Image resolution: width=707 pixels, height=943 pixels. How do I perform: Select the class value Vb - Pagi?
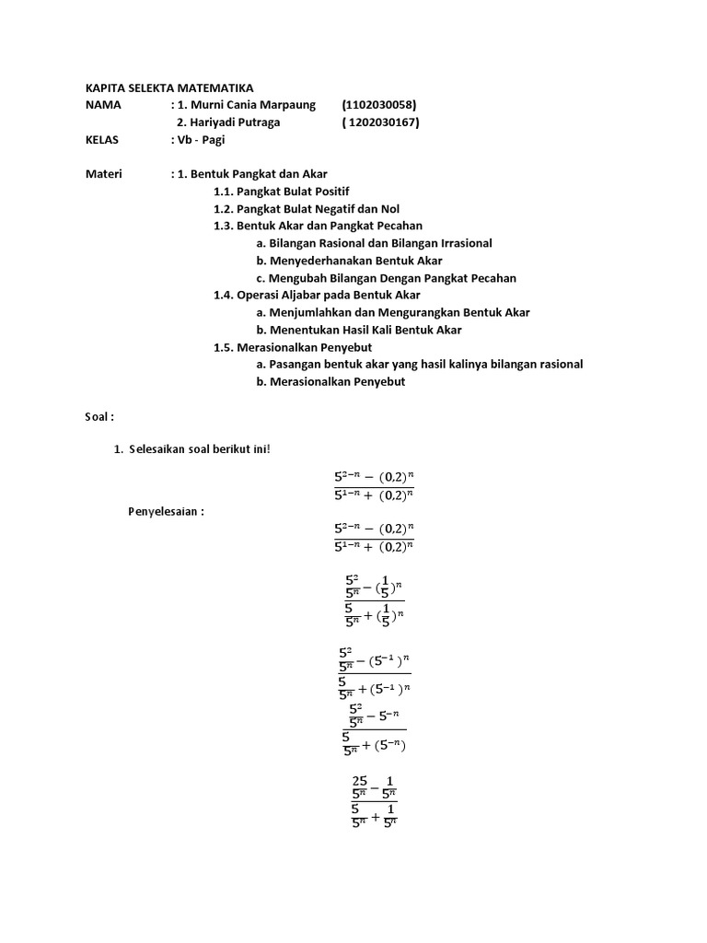pyautogui.click(x=200, y=140)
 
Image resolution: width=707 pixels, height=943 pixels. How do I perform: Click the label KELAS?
pyautogui.click(x=101, y=140)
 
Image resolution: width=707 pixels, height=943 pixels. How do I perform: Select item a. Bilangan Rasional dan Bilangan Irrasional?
pyautogui.click(x=375, y=243)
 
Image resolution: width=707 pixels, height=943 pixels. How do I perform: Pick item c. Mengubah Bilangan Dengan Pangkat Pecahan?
pyautogui.click(x=387, y=278)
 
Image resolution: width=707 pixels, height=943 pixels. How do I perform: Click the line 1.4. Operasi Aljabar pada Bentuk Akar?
pyautogui.click(x=317, y=295)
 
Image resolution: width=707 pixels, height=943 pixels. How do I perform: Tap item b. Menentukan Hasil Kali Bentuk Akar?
pyautogui.click(x=359, y=330)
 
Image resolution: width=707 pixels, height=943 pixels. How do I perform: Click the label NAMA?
pyautogui.click(x=103, y=105)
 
